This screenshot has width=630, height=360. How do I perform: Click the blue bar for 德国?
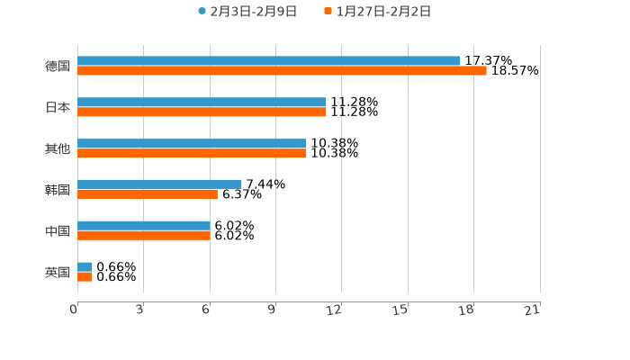[269, 61]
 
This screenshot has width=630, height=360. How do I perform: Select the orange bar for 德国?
[282, 71]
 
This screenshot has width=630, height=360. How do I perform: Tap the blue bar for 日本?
[202, 103]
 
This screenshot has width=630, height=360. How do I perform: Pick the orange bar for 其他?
[192, 154]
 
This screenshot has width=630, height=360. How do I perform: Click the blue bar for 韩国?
[159, 184]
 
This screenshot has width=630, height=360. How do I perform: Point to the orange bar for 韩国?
[148, 194]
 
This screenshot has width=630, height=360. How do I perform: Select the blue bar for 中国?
[144, 226]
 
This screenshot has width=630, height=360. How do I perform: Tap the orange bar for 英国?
[85, 277]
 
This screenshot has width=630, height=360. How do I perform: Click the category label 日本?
[58, 107]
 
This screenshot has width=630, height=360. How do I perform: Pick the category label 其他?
[58, 148]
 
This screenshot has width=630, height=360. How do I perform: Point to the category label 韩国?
[58, 190]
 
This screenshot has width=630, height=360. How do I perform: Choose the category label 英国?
[58, 272]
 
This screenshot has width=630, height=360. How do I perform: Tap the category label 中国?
[58, 231]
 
